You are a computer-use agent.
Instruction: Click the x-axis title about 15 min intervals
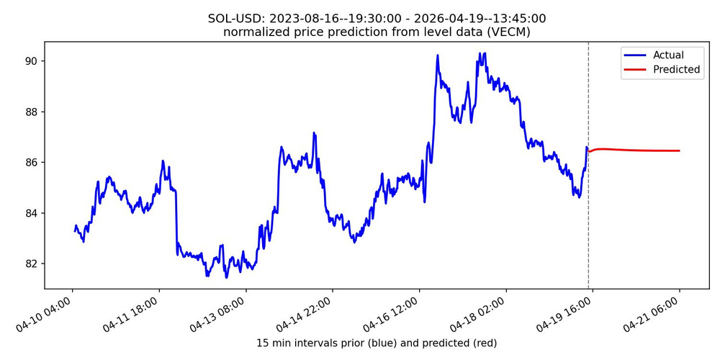pyautogui.click(x=377, y=343)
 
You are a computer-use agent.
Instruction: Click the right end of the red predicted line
pyautogui.click(x=679, y=150)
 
